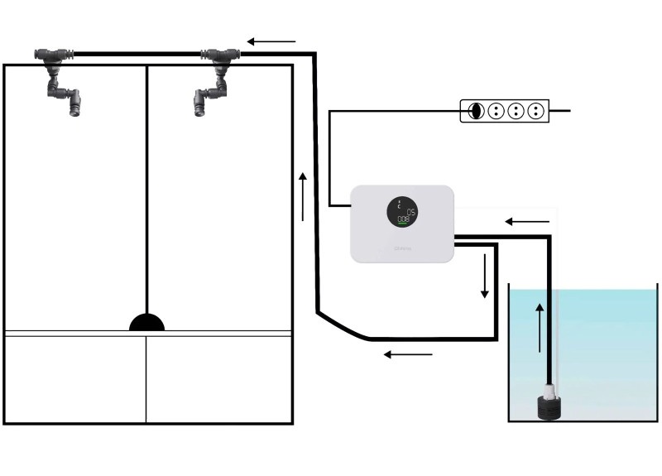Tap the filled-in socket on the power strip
pyautogui.click(x=476, y=111)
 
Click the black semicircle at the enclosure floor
pyautogui.click(x=146, y=323)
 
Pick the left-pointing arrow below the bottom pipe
pyautogui.click(x=409, y=355)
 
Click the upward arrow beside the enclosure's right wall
pyautogui.click(x=303, y=196)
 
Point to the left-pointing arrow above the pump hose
pyautogui.click(x=527, y=222)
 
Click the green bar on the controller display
pyautogui.click(x=402, y=224)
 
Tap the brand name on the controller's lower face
pyautogui.click(x=402, y=247)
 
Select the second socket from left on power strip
pyautogui.click(x=496, y=111)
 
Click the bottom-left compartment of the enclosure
pyautogui.click(x=75, y=378)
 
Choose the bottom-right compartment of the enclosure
pyautogui.click(x=219, y=378)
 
